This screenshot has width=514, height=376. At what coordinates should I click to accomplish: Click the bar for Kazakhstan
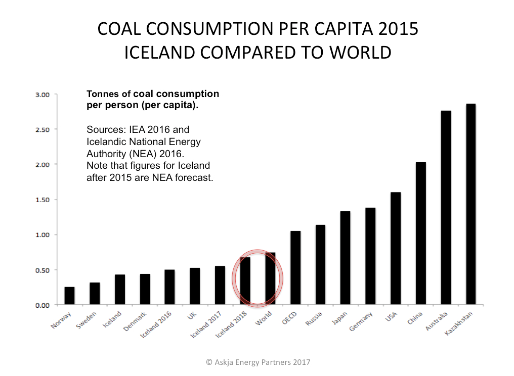471,204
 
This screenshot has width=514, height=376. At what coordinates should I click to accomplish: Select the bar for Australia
446,208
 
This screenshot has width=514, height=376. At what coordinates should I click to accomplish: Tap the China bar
421,233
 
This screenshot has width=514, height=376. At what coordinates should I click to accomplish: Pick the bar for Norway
69,296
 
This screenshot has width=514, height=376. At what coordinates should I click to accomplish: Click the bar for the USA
396,248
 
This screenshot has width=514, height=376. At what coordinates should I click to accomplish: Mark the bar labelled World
270,278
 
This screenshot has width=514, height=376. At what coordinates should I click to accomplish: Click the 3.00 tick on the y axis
42,95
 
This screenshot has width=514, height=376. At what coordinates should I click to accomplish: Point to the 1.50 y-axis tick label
42,200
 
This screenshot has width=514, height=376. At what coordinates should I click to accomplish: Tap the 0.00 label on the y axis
42,305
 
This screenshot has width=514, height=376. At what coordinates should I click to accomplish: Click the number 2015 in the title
397,29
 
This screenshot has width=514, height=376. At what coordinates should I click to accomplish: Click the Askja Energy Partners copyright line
258,362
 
